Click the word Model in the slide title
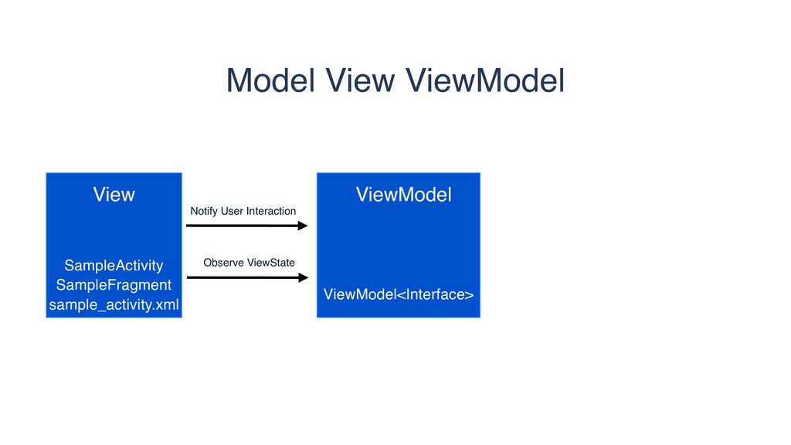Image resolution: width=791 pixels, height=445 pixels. (x=270, y=80)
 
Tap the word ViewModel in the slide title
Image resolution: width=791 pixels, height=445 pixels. (x=485, y=80)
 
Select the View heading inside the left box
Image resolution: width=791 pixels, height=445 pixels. (x=114, y=195)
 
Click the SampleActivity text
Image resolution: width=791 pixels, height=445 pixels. (x=114, y=266)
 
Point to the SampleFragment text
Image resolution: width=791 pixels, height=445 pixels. (x=114, y=285)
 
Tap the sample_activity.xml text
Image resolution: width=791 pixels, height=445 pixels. (x=114, y=305)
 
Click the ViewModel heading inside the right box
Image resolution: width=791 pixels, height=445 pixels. (x=403, y=195)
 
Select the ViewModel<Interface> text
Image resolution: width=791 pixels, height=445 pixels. (x=399, y=294)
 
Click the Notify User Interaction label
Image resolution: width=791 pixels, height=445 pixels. (x=243, y=211)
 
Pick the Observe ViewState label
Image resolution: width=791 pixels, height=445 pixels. (x=249, y=263)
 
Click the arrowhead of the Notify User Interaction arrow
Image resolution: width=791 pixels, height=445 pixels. (x=302, y=226)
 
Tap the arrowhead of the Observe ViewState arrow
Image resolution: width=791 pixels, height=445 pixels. (x=302, y=277)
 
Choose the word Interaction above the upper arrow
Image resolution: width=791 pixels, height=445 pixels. (x=270, y=211)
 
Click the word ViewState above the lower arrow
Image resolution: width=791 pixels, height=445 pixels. (x=270, y=263)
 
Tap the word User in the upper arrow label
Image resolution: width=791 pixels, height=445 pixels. (x=232, y=211)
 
